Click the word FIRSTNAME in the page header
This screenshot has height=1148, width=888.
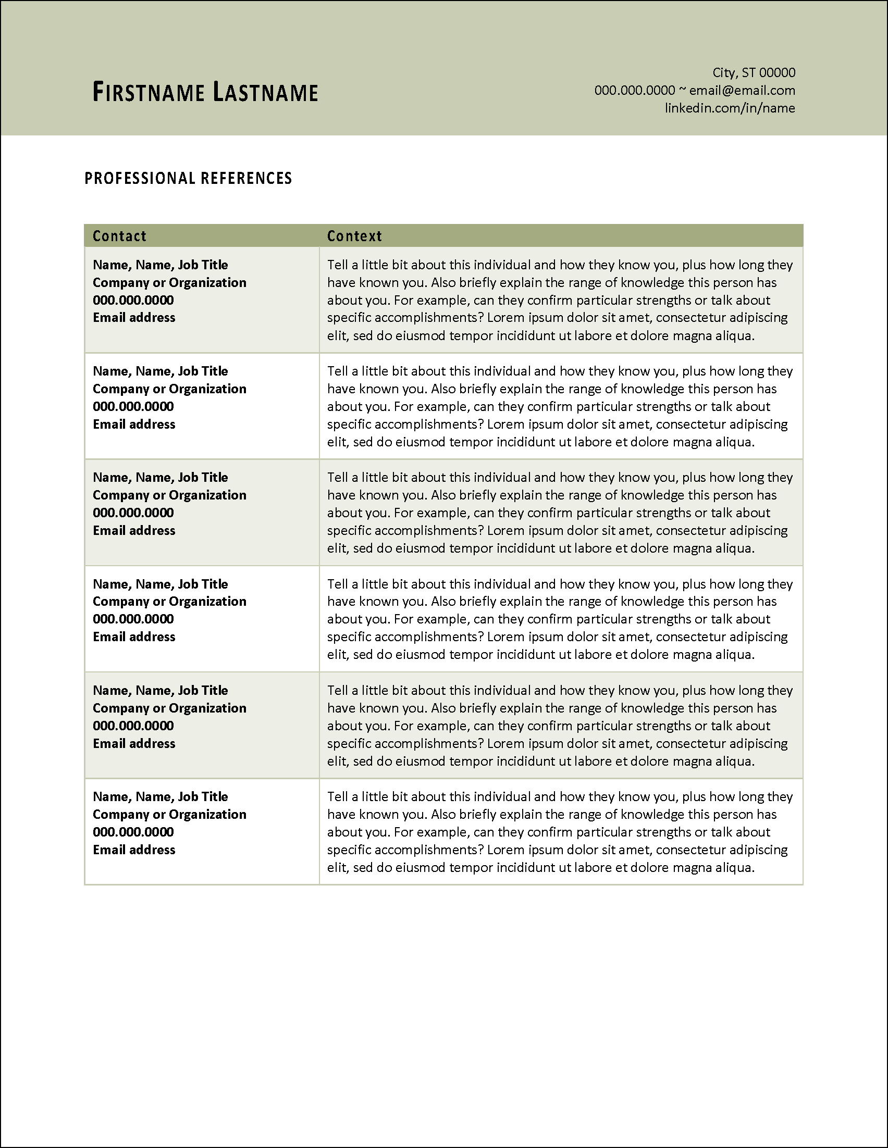pos(149,93)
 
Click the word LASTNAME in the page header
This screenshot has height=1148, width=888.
pos(265,93)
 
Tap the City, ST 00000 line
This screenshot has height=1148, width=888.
pos(754,72)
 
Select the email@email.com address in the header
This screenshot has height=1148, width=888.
pos(742,91)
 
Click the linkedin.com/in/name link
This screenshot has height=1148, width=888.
pos(730,108)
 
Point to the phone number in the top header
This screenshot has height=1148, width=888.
pos(635,91)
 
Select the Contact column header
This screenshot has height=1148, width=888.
pos(119,236)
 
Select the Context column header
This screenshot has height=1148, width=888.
pos(354,236)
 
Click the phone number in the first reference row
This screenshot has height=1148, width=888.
pos(133,300)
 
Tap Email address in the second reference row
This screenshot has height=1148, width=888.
pos(134,424)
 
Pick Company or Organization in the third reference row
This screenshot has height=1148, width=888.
pos(169,495)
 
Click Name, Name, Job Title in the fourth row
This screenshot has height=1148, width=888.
pos(161,584)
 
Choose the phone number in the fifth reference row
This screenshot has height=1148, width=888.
pos(133,726)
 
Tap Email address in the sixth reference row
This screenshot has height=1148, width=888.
pos(134,850)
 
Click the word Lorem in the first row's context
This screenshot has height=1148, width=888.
pos(504,318)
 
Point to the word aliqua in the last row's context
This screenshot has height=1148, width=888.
pos(734,868)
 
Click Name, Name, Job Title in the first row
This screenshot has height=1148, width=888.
pos(161,265)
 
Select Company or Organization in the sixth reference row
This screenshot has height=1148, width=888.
pos(169,815)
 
